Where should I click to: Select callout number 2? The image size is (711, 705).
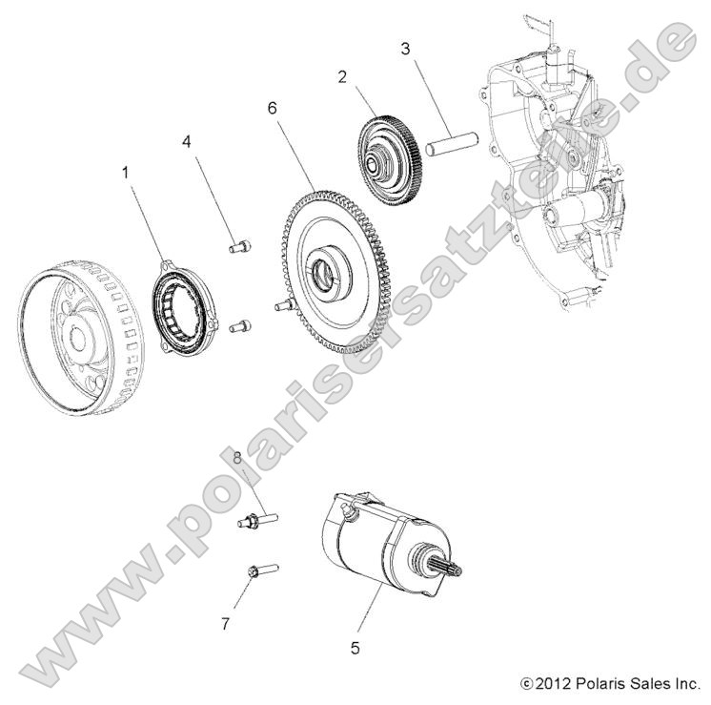[342, 78]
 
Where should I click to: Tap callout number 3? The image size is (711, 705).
[405, 47]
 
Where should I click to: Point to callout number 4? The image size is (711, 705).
[187, 141]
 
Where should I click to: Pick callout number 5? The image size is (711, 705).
[355, 648]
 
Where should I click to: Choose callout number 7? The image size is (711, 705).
[226, 624]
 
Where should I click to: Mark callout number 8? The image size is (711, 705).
[237, 459]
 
